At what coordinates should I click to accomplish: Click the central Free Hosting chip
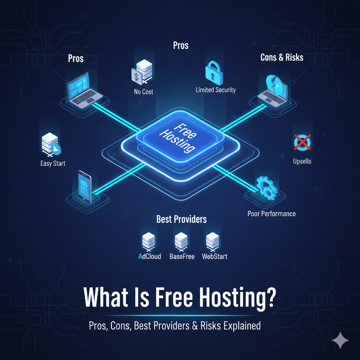pyautogui.click(x=178, y=137)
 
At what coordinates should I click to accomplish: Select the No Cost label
pyautogui.click(x=143, y=92)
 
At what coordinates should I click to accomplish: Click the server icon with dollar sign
pyautogui.click(x=141, y=72)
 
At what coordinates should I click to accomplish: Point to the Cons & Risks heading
pyautogui.click(x=282, y=57)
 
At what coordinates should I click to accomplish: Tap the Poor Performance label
pyautogui.click(x=271, y=214)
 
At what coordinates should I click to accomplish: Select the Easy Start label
pyautogui.click(x=53, y=163)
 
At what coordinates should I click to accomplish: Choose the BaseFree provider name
pyautogui.click(x=182, y=256)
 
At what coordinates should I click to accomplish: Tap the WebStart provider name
pyautogui.click(x=214, y=256)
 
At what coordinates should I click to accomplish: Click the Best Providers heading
pyautogui.click(x=181, y=219)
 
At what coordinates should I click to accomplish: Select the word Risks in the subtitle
pyautogui.click(x=210, y=326)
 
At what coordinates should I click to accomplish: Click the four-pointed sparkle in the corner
pyautogui.click(x=340, y=340)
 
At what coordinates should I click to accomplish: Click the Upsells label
pyautogui.click(x=302, y=162)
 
